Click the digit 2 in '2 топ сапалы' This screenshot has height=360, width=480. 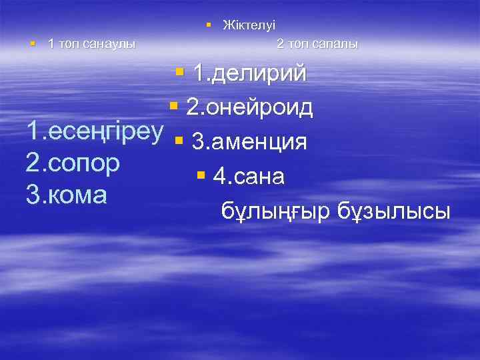click(280, 44)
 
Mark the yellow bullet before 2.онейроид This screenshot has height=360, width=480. click(173, 105)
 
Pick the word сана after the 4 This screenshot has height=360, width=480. click(260, 177)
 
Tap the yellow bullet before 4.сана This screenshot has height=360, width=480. click(201, 175)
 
